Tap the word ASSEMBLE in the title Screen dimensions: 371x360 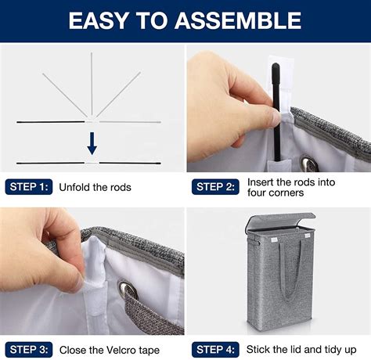238,21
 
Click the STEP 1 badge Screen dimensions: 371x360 29,187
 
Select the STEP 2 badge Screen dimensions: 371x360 215,187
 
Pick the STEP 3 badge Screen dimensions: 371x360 29,350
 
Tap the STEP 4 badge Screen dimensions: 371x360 215,350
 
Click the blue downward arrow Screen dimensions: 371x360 92,143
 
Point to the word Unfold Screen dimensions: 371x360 75,187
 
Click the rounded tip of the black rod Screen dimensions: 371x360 276,66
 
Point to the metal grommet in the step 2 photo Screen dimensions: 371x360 309,163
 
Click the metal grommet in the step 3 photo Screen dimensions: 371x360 128,289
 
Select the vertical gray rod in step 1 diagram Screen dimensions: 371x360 92,84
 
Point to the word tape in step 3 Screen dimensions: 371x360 149,351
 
